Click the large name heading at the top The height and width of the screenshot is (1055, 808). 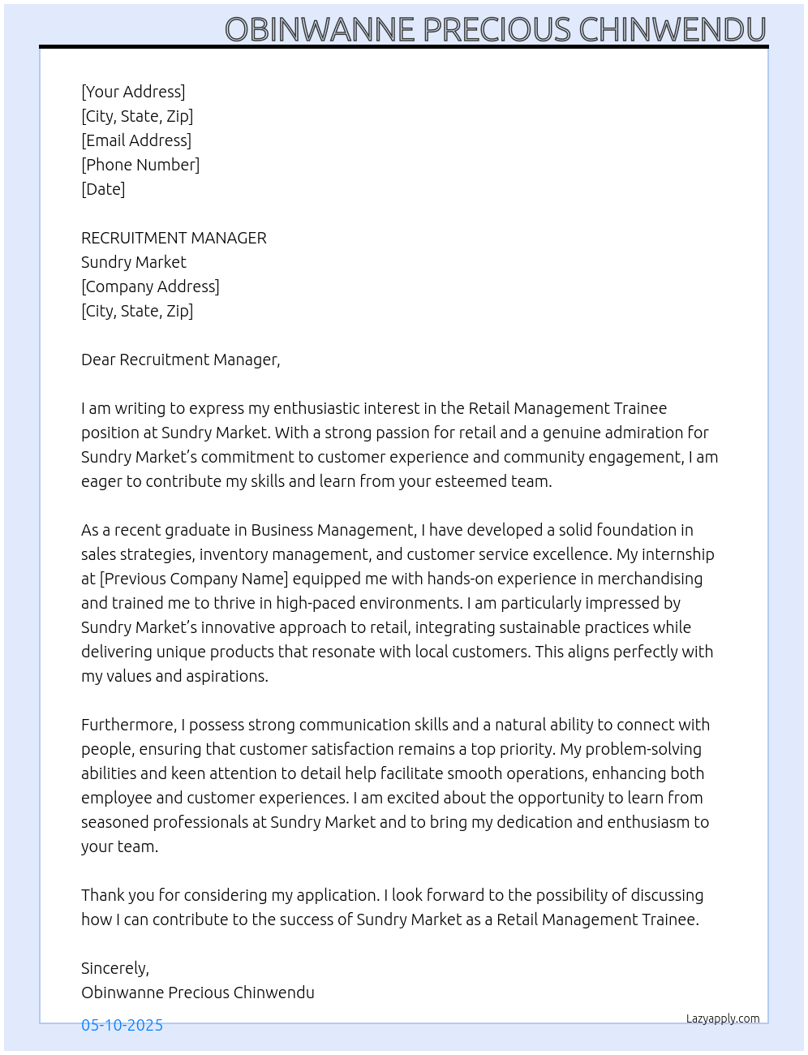tap(495, 29)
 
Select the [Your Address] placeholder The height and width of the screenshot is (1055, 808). tap(133, 92)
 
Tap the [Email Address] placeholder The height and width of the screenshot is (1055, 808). tap(136, 140)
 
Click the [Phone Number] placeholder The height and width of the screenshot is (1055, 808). tap(140, 165)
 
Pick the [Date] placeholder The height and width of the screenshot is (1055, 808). tap(103, 189)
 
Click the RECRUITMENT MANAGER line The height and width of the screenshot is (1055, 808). tap(174, 238)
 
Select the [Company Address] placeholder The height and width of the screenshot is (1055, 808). tap(150, 286)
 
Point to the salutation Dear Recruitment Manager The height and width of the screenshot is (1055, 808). tap(180, 360)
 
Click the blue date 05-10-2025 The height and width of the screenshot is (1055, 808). tap(122, 1025)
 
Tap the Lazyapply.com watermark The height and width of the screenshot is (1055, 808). tap(723, 1018)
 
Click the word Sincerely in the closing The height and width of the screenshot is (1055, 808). tap(114, 968)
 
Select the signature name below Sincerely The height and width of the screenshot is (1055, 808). tap(197, 993)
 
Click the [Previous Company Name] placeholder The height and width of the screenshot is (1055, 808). tap(194, 579)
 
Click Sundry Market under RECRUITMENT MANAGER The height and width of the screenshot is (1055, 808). tap(134, 262)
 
